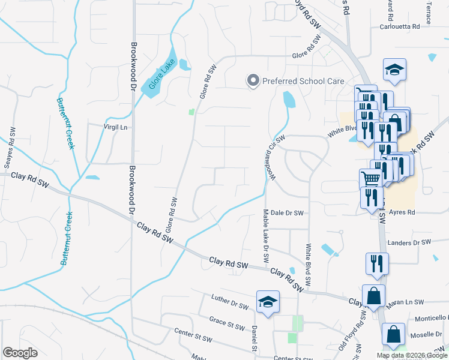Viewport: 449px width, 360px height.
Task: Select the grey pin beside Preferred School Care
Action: pyautogui.click(x=253, y=80)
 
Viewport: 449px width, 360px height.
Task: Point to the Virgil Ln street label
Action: pyautogui.click(x=116, y=127)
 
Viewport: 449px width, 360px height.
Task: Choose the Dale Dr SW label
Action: pyautogui.click(x=287, y=212)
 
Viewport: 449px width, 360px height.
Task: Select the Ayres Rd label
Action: pyautogui.click(x=402, y=212)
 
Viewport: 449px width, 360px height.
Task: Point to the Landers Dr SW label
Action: pyautogui.click(x=410, y=242)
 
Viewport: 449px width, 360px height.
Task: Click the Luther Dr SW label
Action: pyautogui.click(x=230, y=302)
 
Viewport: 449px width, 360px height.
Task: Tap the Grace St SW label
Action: pyautogui.click(x=227, y=323)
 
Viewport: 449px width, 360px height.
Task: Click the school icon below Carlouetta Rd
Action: pyautogui.click(x=394, y=70)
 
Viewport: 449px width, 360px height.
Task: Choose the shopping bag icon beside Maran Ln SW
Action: pyautogui.click(x=373, y=296)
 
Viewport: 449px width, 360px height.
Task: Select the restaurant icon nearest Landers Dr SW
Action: pyautogui.click(x=377, y=263)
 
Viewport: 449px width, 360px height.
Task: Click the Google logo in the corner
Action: pyautogui.click(x=20, y=353)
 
